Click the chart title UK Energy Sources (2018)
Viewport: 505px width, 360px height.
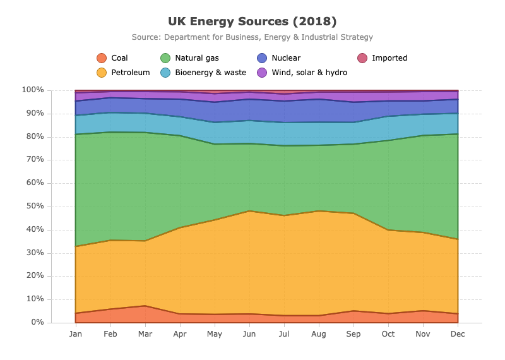[252, 21]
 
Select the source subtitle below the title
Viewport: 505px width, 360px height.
[252, 37]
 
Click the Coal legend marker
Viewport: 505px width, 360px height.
[102, 58]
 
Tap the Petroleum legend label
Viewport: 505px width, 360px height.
[131, 73]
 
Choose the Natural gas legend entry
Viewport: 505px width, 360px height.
[190, 58]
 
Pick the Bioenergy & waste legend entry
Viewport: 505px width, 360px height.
[203, 73]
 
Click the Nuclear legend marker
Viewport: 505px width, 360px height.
[262, 58]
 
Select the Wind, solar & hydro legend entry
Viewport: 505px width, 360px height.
[302, 73]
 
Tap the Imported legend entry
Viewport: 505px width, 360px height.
[383, 58]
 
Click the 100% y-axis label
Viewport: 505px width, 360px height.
[33, 90]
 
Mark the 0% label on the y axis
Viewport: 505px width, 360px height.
[37, 322]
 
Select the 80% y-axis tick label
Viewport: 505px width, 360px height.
[35, 136]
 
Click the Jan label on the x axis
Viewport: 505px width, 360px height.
[75, 334]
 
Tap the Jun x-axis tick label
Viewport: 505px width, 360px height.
[249, 334]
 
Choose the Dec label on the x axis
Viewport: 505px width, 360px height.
[458, 334]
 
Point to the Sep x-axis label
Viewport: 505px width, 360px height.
[353, 334]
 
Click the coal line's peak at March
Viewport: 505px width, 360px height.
[145, 306]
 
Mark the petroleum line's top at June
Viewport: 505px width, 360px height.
[249, 211]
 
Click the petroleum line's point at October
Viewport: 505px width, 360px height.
[388, 230]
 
